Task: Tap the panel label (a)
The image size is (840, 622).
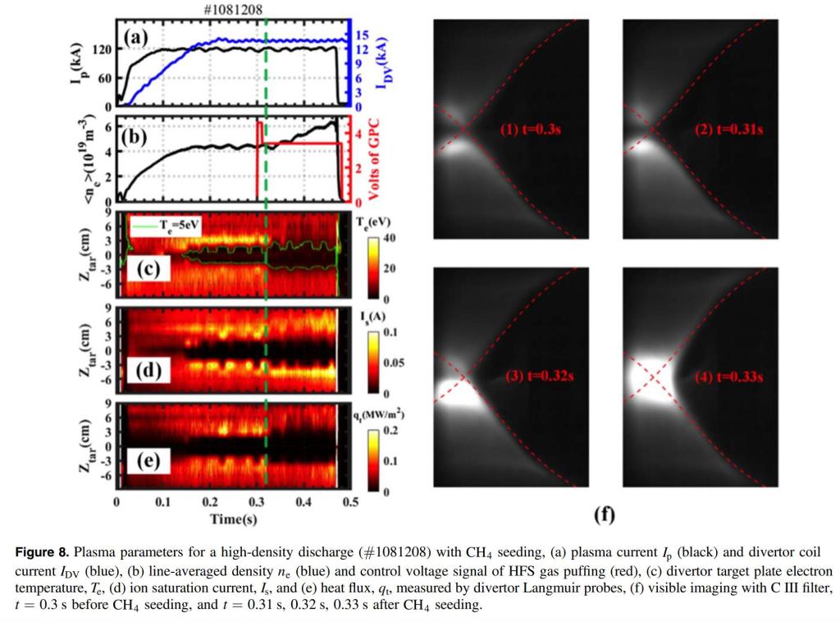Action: coord(136,37)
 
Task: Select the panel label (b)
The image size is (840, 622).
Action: coord(135,136)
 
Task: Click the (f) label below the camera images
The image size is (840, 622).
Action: coord(604,515)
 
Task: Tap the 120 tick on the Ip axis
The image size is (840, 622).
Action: coord(102,49)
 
